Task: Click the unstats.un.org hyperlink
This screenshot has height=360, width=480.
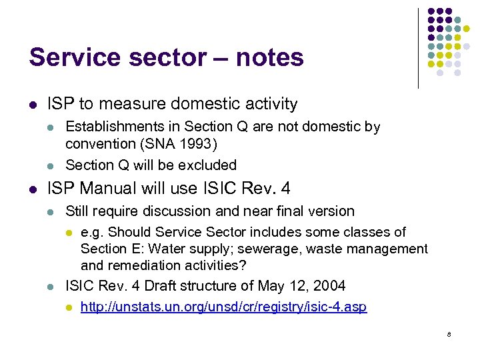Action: (x=223, y=307)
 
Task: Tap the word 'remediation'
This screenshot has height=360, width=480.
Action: (x=143, y=265)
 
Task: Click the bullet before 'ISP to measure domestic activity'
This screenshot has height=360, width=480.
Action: (x=33, y=105)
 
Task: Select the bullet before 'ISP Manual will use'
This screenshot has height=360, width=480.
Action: (x=33, y=189)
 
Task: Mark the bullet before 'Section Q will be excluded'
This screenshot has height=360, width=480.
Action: (x=51, y=165)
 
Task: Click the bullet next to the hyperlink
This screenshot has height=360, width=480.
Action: (x=67, y=308)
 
